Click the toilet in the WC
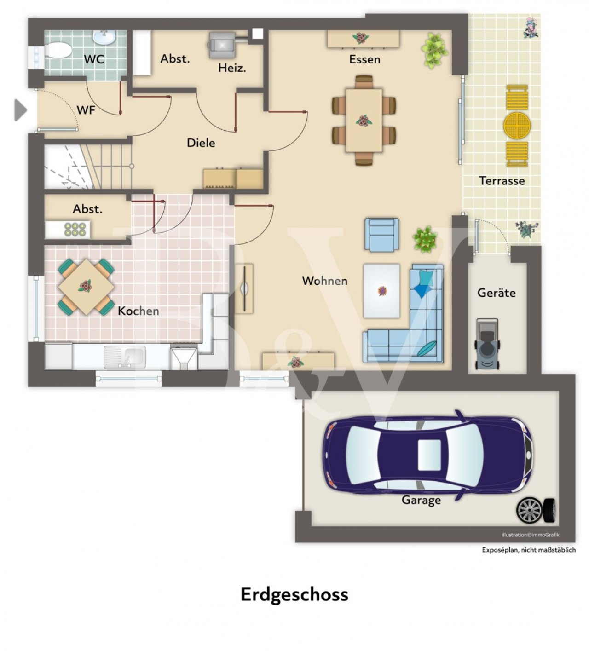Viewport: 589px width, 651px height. coord(58,51)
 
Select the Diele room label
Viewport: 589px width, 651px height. coord(201,143)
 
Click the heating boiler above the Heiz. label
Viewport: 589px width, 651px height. coord(221,45)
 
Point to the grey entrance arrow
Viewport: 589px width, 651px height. coord(20,110)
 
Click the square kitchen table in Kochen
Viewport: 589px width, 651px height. coord(86,287)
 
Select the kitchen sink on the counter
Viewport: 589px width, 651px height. coord(124,357)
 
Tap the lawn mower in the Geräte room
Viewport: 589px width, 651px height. coord(486,344)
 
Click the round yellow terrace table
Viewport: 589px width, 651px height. coord(517,126)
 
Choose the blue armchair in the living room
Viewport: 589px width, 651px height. coord(381,235)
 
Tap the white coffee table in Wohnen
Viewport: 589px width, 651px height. coord(381,291)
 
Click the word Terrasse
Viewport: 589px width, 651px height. coord(502,181)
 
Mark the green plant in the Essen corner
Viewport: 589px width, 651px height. coord(434,50)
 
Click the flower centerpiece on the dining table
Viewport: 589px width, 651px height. coord(364,121)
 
